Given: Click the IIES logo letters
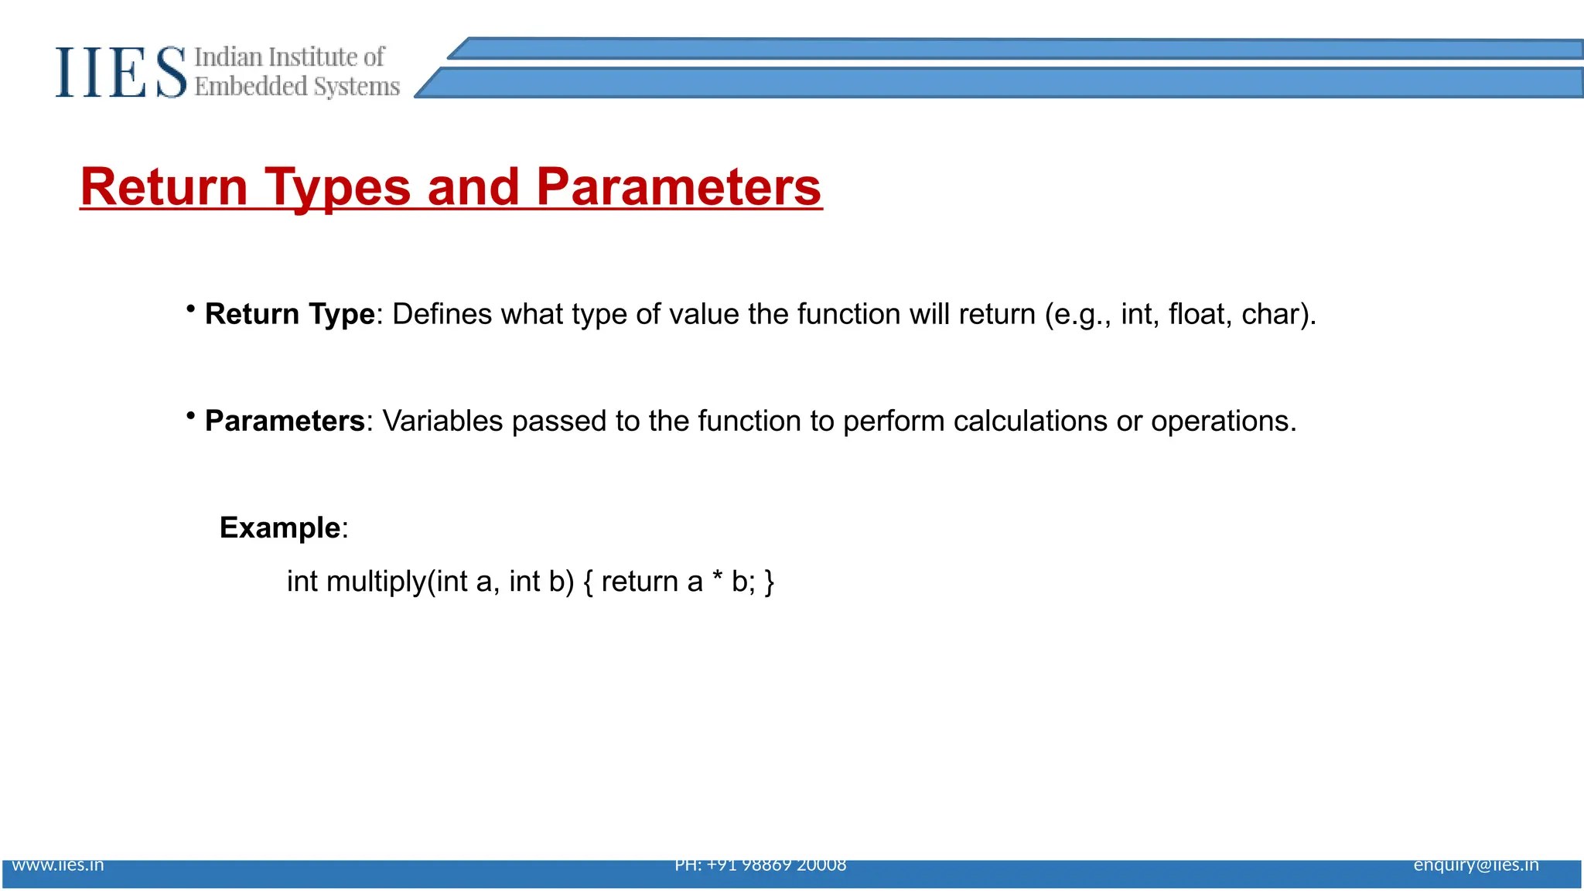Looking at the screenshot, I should pyautogui.click(x=121, y=72).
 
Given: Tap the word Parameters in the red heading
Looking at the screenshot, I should pyautogui.click(x=678, y=187).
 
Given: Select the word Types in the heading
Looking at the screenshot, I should pyautogui.click(x=337, y=187).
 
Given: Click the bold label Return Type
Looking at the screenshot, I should pyautogui.click(x=290, y=314).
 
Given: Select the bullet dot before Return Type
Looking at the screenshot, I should pyautogui.click(x=190, y=309).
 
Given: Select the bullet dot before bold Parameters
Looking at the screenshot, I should pyautogui.click(x=190, y=416).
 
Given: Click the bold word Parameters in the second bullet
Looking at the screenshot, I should pyautogui.click(x=285, y=421).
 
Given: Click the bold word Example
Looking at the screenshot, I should pyautogui.click(x=280, y=527).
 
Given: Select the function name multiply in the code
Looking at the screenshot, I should pyautogui.click(x=376, y=582).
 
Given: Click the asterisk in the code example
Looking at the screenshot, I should pyautogui.click(x=718, y=577).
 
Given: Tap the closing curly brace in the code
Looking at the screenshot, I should pyautogui.click(x=769, y=582).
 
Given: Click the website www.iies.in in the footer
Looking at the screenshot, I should pyautogui.click(x=58, y=865).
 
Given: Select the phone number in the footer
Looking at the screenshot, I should pyautogui.click(x=760, y=865).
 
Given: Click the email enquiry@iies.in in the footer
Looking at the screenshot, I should pyautogui.click(x=1476, y=865).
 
